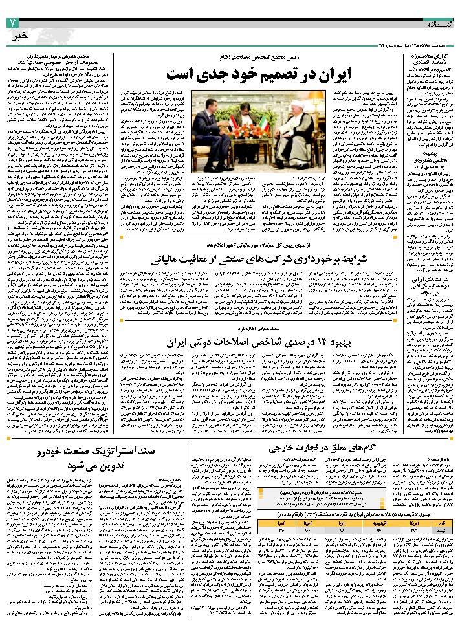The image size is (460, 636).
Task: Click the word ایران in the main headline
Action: [355, 73]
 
